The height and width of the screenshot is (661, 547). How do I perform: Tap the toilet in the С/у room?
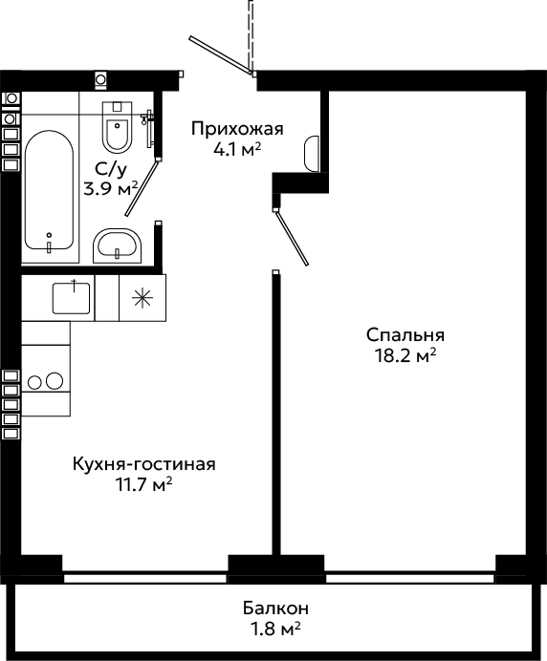118,126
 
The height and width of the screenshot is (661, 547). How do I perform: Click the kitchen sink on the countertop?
71,298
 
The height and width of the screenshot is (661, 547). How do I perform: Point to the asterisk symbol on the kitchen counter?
142,298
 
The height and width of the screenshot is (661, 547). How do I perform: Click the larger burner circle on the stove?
55,381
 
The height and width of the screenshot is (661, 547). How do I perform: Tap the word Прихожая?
237,129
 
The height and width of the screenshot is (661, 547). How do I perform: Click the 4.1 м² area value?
237,149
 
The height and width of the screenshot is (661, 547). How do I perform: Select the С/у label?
111,169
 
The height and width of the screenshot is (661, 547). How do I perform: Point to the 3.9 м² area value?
111,189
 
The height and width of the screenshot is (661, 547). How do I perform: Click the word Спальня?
405,335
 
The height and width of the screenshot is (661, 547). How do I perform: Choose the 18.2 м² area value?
405,356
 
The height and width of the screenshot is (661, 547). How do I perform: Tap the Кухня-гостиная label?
144,464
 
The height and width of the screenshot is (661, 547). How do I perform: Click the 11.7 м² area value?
144,485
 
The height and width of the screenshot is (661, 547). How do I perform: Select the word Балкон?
275,608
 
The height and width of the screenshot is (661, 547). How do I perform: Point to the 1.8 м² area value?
275,629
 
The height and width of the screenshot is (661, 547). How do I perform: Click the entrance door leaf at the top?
221,55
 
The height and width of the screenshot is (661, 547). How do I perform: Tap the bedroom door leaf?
292,238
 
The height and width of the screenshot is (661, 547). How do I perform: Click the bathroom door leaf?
142,188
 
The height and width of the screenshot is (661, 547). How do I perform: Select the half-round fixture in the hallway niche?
312,154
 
